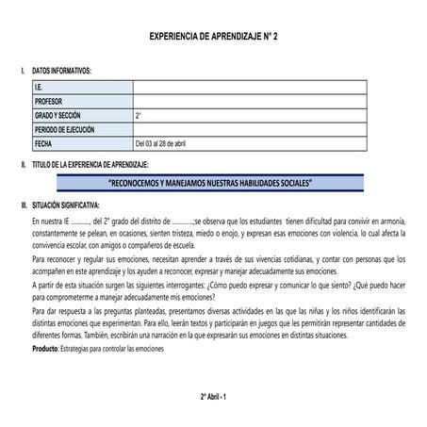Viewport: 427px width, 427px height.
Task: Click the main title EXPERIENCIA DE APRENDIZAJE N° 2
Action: coord(214,36)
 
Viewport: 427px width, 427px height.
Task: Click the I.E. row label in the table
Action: coord(40,88)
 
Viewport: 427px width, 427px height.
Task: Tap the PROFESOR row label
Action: coord(50,101)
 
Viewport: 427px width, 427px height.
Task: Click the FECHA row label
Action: coord(43,143)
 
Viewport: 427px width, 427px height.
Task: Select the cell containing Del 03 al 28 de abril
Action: coord(167,143)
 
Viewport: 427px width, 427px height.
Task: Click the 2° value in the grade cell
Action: coord(139,115)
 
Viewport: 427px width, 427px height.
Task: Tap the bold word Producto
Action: coord(44,349)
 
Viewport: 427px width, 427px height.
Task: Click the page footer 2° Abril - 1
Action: coord(213,397)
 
